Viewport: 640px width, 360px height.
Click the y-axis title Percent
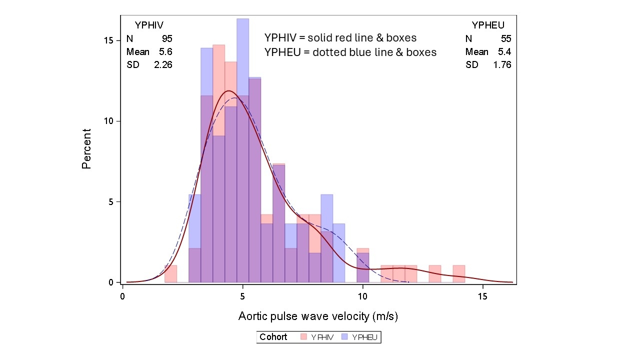click(x=86, y=148)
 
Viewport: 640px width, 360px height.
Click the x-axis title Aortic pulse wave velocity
click(x=318, y=316)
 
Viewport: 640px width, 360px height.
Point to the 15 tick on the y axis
click(x=113, y=40)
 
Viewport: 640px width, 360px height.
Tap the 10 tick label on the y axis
click(x=113, y=121)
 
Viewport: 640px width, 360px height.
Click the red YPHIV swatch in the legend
click(x=303, y=337)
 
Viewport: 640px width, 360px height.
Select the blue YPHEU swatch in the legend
click(x=344, y=337)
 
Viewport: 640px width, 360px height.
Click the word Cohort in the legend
click(x=273, y=337)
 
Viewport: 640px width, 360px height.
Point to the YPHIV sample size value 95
click(x=167, y=38)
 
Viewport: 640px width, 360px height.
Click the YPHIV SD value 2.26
click(x=163, y=64)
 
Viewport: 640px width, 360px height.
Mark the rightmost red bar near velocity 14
click(x=459, y=274)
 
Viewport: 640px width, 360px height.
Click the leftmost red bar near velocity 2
click(x=171, y=274)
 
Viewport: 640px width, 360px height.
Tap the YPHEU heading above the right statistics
click(x=488, y=25)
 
